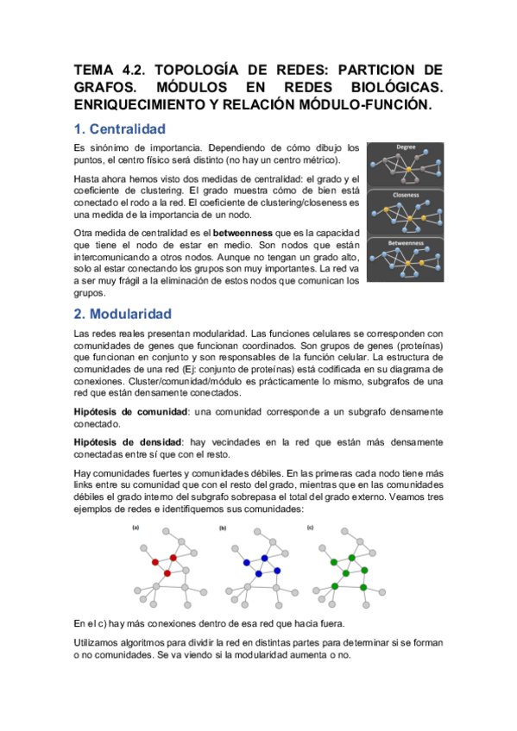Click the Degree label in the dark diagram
click(x=406, y=147)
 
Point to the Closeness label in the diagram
click(x=406, y=194)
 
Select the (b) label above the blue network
click(x=224, y=527)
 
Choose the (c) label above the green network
click(x=310, y=527)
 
